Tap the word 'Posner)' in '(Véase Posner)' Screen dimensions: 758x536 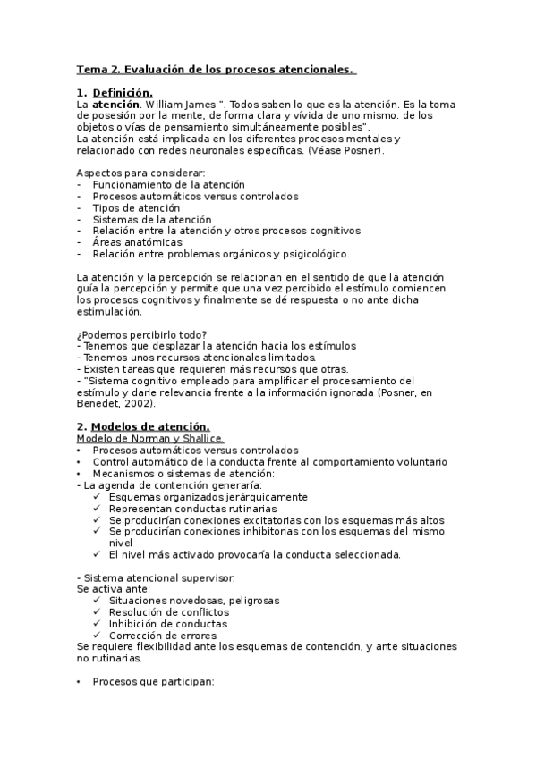coord(339,150)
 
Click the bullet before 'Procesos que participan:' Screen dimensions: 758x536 coord(79,681)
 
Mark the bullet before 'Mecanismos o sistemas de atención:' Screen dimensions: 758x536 coord(79,473)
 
